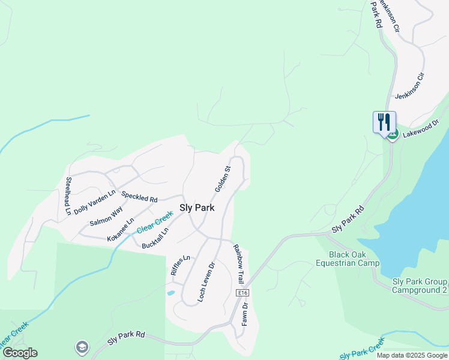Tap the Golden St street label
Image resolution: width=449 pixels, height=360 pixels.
pyautogui.click(x=223, y=179)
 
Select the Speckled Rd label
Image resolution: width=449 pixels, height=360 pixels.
pyautogui.click(x=139, y=196)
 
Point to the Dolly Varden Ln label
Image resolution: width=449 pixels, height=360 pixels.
pyautogui.click(x=95, y=202)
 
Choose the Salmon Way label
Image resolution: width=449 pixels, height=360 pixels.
pyautogui.click(x=106, y=216)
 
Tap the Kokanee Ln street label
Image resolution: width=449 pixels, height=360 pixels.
pyautogui.click(x=121, y=230)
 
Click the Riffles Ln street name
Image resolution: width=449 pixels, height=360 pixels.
pyautogui.click(x=180, y=265)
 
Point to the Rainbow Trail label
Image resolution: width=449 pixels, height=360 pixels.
pyautogui.click(x=238, y=263)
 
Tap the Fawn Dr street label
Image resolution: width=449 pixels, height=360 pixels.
pyautogui.click(x=244, y=314)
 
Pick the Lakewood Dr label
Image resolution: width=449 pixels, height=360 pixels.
pyautogui.click(x=421, y=127)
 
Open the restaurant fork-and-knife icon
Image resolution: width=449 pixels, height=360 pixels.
pyautogui.click(x=383, y=122)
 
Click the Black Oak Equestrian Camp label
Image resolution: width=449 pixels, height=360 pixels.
pyautogui.click(x=354, y=259)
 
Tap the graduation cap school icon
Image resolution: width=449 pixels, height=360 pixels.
pyautogui.click(x=81, y=347)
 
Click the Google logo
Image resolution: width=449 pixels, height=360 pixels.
pyautogui.click(x=20, y=353)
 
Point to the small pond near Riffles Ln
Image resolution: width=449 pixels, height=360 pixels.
pyautogui.click(x=170, y=293)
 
